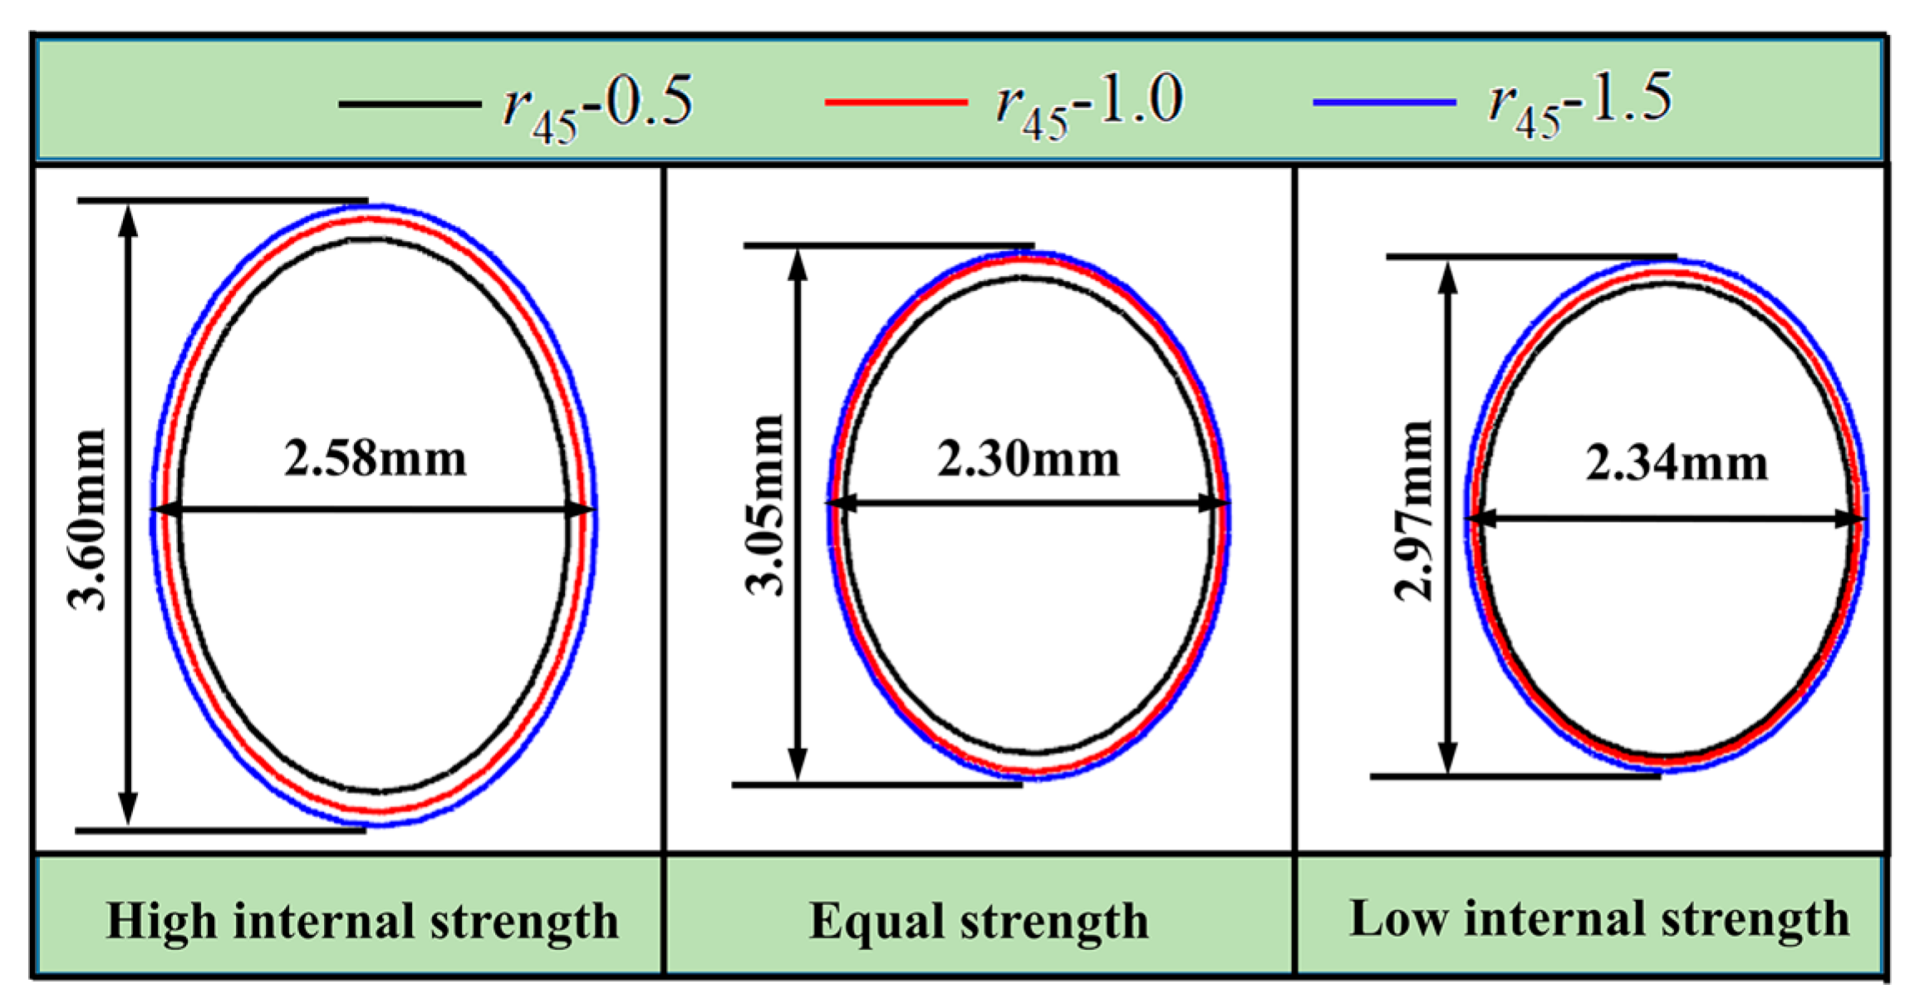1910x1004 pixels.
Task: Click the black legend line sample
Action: [x=410, y=104]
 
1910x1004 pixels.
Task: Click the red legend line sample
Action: [x=896, y=102]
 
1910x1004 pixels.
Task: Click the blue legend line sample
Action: [x=1384, y=102]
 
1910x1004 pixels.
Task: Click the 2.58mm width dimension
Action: [x=376, y=459]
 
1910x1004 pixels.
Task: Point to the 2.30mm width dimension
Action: [x=1029, y=459]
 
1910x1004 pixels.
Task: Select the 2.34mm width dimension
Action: [x=1677, y=463]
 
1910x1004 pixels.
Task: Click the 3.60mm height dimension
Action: [x=88, y=519]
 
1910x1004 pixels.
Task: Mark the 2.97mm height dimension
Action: [x=1413, y=510]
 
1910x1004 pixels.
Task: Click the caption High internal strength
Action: [x=362, y=921]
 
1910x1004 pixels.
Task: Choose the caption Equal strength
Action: [x=979, y=921]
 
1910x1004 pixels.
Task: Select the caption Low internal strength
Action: [x=1598, y=918]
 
